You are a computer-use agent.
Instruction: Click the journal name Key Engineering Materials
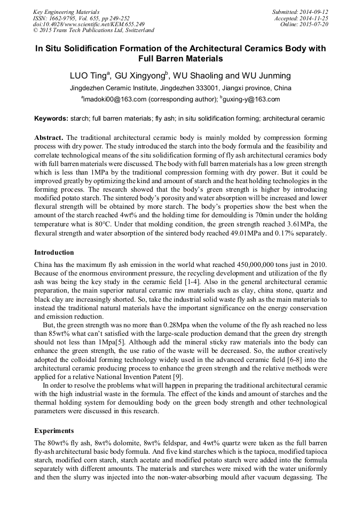coord(66,12)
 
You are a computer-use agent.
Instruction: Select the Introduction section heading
coord(54,253)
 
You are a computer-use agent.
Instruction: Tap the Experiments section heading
coord(54,430)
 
